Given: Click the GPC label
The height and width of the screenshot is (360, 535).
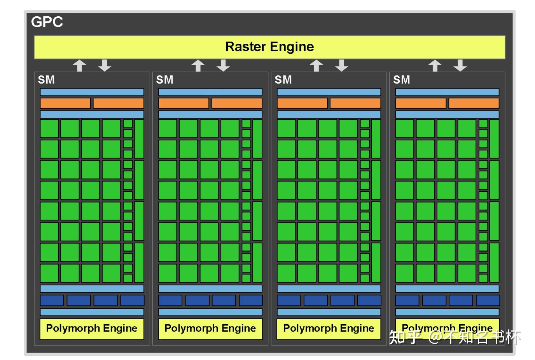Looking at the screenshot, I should pyautogui.click(x=47, y=22).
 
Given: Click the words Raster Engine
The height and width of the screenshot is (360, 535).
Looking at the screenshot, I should pyautogui.click(x=269, y=47).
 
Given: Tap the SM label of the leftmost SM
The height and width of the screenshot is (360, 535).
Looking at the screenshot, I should pyautogui.click(x=46, y=80).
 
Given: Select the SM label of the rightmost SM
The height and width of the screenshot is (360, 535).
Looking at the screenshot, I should pyautogui.click(x=401, y=80).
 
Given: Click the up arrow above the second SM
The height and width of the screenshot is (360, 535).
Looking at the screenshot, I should pyautogui.click(x=198, y=65).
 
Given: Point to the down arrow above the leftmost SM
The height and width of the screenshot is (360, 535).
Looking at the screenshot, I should pyautogui.click(x=105, y=65).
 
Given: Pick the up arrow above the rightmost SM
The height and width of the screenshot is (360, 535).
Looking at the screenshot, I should pyautogui.click(x=435, y=65).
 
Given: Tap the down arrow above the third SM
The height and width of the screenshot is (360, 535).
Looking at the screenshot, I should pyautogui.click(x=341, y=65).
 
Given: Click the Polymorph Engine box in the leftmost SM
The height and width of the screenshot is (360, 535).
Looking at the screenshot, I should pyautogui.click(x=92, y=329).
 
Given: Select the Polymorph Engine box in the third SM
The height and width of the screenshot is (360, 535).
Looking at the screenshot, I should pyautogui.click(x=329, y=329).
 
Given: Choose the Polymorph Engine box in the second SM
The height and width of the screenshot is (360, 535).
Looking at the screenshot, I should pyautogui.click(x=210, y=329).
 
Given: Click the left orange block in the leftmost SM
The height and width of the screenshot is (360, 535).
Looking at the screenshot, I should pyautogui.click(x=65, y=103).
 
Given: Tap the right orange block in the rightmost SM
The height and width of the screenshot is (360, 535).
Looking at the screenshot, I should pyautogui.click(x=474, y=103).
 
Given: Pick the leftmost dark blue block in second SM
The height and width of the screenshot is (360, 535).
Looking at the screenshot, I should pyautogui.click(x=170, y=300).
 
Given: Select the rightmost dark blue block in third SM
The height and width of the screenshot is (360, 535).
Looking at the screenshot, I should pyautogui.click(x=369, y=300).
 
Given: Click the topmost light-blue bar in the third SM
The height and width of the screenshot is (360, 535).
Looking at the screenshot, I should pyautogui.click(x=329, y=92).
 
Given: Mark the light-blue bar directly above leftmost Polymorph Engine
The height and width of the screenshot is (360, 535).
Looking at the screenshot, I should pyautogui.click(x=92, y=312).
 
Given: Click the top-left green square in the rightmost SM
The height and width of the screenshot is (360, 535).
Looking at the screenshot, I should pyautogui.click(x=404, y=128).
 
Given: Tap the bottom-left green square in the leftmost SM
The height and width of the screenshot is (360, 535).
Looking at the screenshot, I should pyautogui.click(x=49, y=273).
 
